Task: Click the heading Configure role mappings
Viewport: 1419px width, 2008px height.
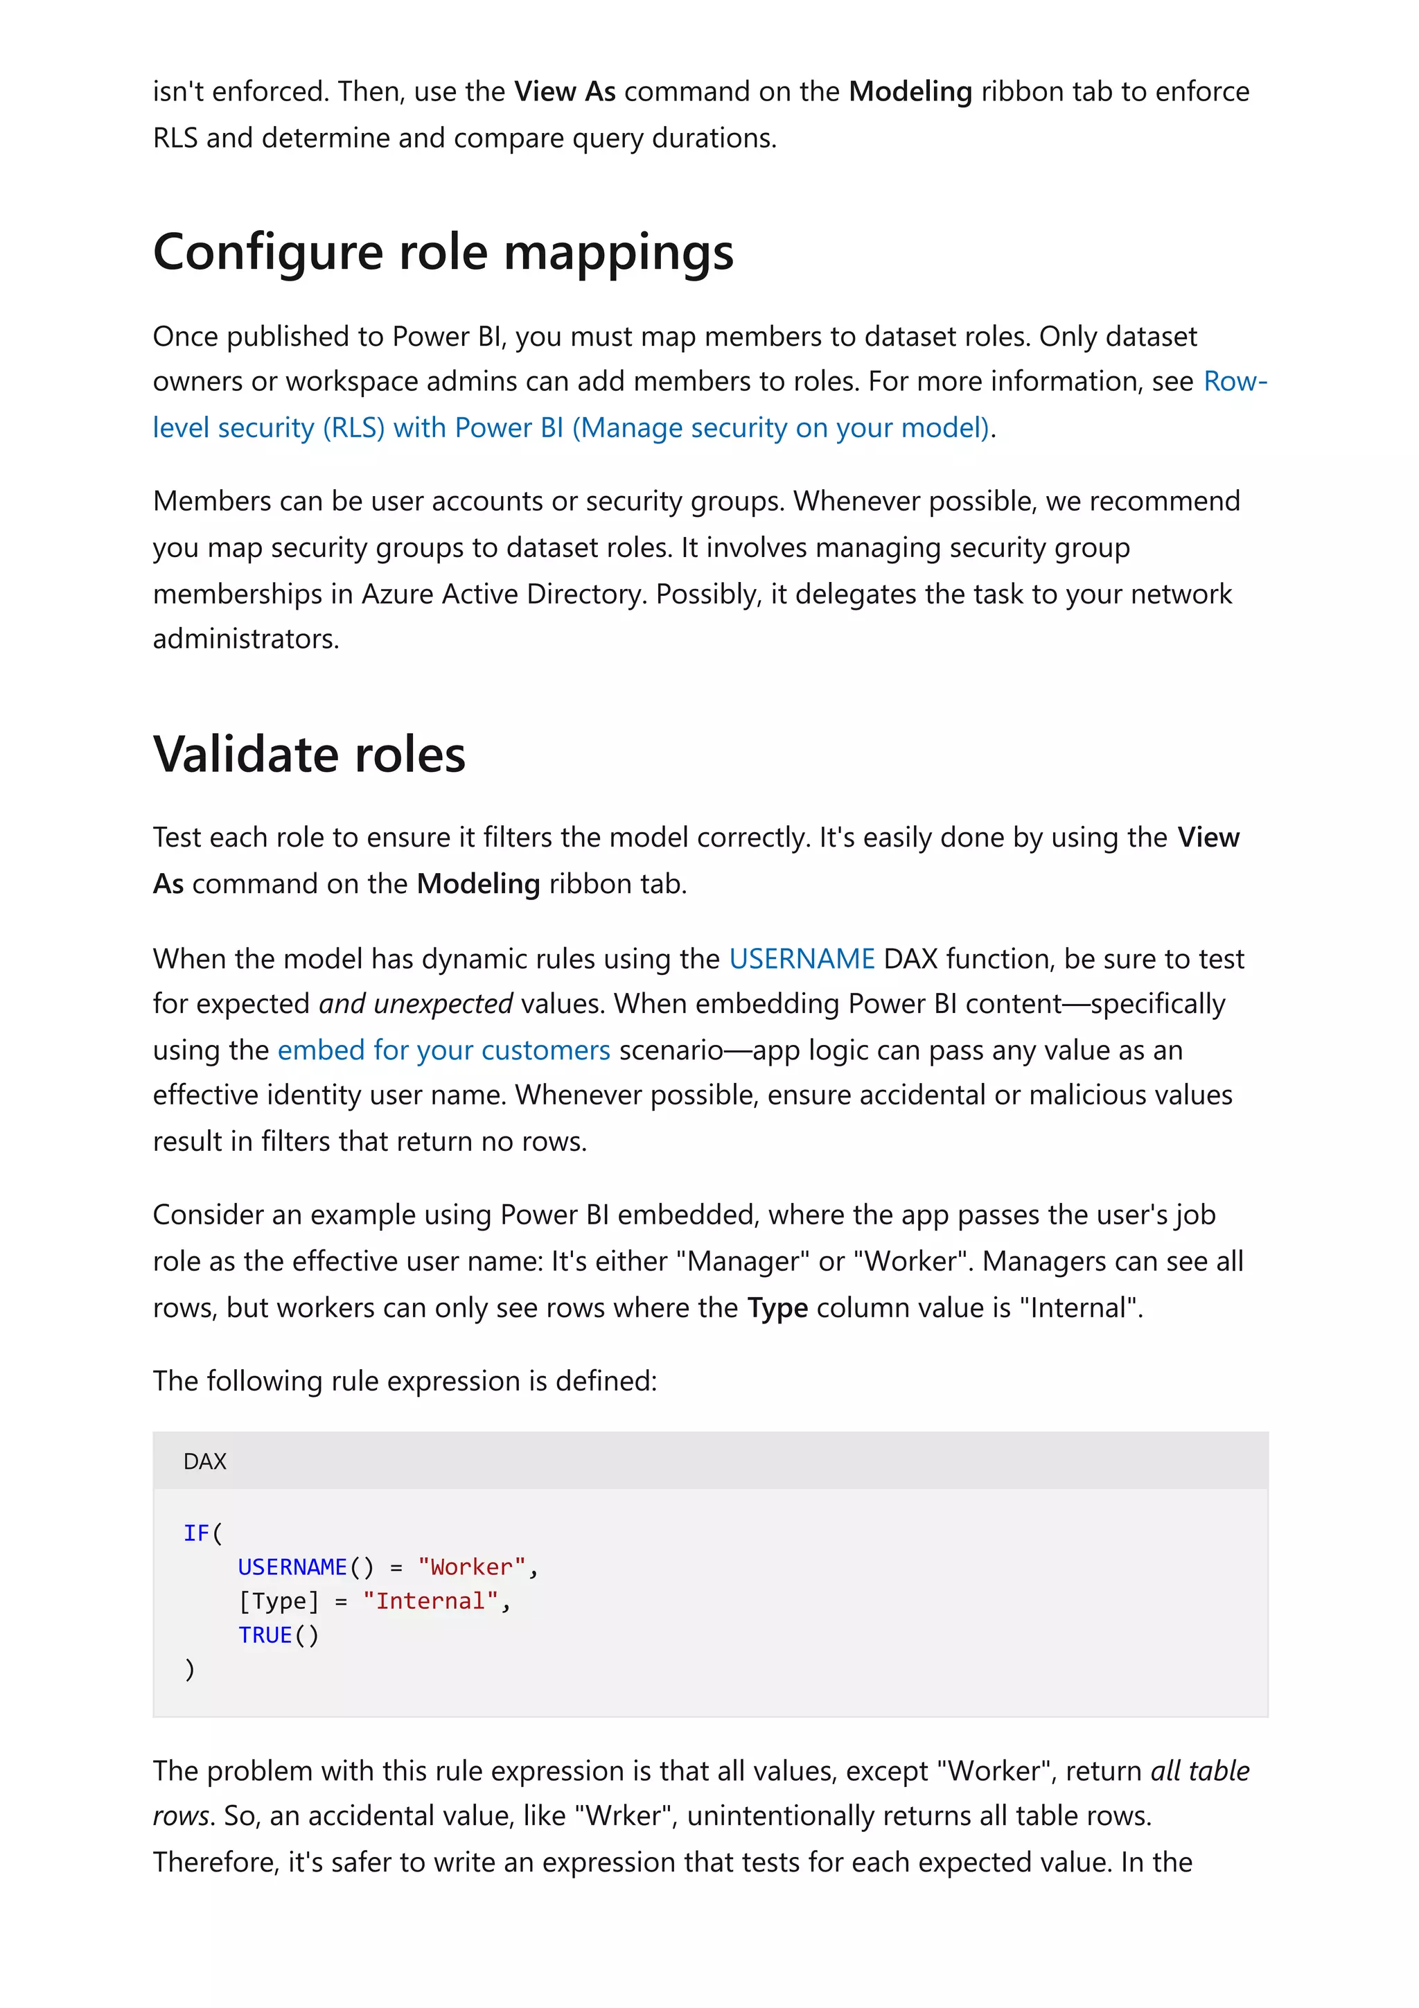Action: tap(443, 253)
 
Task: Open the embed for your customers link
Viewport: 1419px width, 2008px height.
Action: tap(443, 1050)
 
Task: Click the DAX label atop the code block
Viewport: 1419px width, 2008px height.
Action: tap(204, 1461)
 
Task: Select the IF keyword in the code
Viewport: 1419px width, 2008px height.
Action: tap(196, 1533)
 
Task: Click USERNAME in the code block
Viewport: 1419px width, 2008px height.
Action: tap(292, 1567)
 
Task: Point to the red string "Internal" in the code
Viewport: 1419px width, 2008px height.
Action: tap(430, 1601)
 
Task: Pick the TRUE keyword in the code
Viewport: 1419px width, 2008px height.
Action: tap(265, 1635)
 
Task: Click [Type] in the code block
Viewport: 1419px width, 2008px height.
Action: tap(278, 1601)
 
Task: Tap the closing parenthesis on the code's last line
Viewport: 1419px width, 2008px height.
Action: tap(190, 1670)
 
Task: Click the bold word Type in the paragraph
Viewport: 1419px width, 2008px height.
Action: tap(777, 1307)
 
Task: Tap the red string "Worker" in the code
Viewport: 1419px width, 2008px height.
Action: tap(471, 1567)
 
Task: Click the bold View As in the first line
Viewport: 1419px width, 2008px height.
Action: tap(564, 92)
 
